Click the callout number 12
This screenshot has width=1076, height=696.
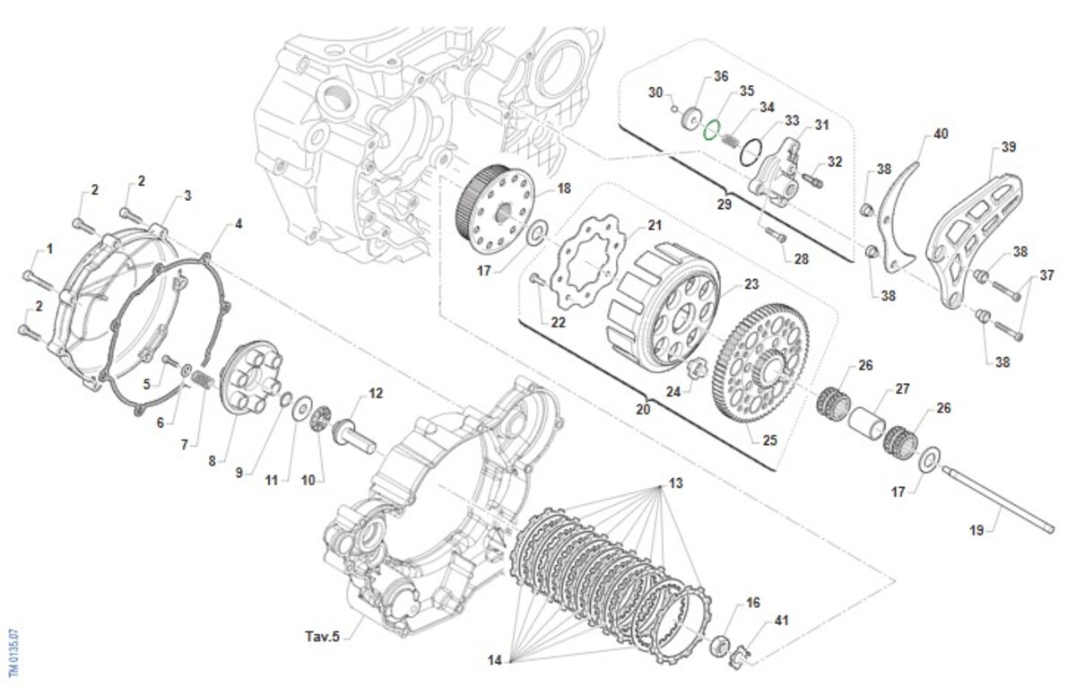[x=376, y=393]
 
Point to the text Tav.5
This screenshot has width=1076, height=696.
[x=320, y=636]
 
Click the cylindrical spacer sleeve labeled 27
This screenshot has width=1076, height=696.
[x=869, y=419]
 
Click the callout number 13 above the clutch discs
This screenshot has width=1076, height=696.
[x=675, y=483]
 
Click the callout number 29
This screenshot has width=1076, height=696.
[x=725, y=204]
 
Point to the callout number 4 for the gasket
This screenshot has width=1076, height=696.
[x=239, y=223]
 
